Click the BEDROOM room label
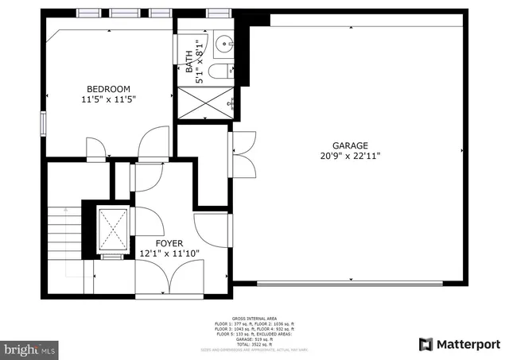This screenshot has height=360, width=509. (108, 89)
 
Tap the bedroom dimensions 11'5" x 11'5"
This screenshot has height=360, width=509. (108, 100)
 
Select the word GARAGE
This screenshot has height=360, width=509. (350, 145)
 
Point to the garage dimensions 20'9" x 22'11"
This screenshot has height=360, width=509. (350, 157)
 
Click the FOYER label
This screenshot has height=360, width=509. (169, 243)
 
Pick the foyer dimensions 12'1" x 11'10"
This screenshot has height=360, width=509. (169, 254)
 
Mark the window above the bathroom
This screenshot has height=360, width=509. (215, 13)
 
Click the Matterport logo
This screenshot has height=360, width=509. (460, 344)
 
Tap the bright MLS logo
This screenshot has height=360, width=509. (29, 348)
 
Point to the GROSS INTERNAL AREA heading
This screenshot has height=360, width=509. (254, 318)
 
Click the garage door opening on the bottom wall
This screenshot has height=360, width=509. (350, 283)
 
